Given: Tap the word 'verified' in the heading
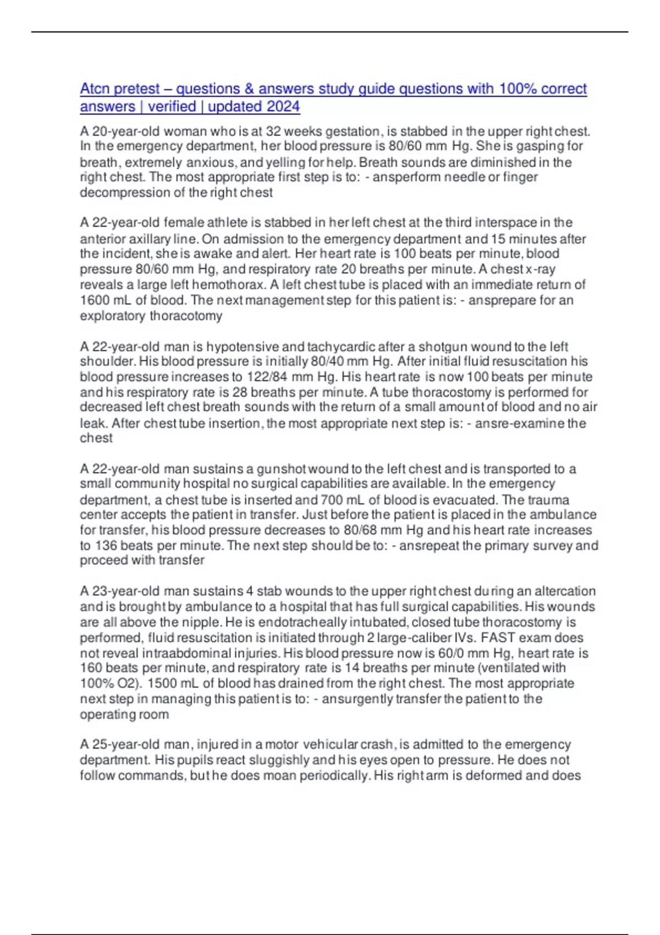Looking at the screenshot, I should tap(172, 106).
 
